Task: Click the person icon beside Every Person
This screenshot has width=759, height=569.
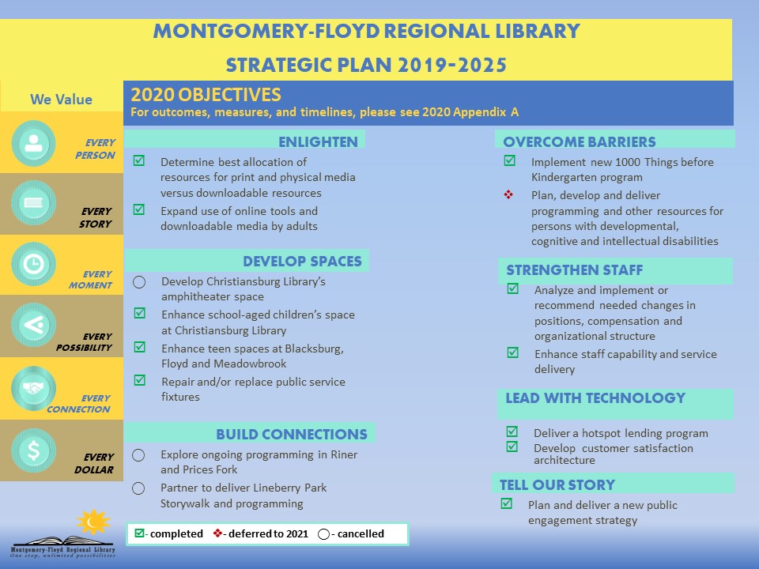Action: pyautogui.click(x=33, y=143)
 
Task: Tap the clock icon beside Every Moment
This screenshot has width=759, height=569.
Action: pyautogui.click(x=33, y=265)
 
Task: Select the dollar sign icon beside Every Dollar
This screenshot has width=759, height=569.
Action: pyautogui.click(x=33, y=450)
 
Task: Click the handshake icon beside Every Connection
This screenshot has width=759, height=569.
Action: pyautogui.click(x=33, y=388)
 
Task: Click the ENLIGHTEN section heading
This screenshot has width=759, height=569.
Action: pyautogui.click(x=318, y=142)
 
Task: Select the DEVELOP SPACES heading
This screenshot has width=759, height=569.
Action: pyautogui.click(x=302, y=262)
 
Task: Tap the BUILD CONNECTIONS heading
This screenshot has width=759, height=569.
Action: pyautogui.click(x=291, y=434)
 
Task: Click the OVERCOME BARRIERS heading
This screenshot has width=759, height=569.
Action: pyautogui.click(x=580, y=142)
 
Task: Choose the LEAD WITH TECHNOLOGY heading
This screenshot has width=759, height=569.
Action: pyautogui.click(x=595, y=398)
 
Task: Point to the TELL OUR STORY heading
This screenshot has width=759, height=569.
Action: pyautogui.click(x=557, y=484)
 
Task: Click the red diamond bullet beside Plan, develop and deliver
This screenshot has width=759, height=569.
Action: pyautogui.click(x=508, y=194)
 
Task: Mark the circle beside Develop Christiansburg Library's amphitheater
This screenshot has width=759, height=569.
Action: pyautogui.click(x=139, y=282)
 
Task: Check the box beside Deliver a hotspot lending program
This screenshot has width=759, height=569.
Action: pyautogui.click(x=512, y=431)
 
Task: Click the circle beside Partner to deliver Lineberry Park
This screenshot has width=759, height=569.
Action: pyautogui.click(x=139, y=488)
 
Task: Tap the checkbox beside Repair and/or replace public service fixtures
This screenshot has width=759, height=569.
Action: pyautogui.click(x=139, y=380)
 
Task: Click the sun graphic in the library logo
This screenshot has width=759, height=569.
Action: pyautogui.click(x=93, y=522)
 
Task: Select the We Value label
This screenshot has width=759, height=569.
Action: pyautogui.click(x=61, y=100)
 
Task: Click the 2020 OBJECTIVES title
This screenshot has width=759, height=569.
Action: pyautogui.click(x=206, y=95)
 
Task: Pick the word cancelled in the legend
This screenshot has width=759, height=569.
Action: pyautogui.click(x=360, y=533)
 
